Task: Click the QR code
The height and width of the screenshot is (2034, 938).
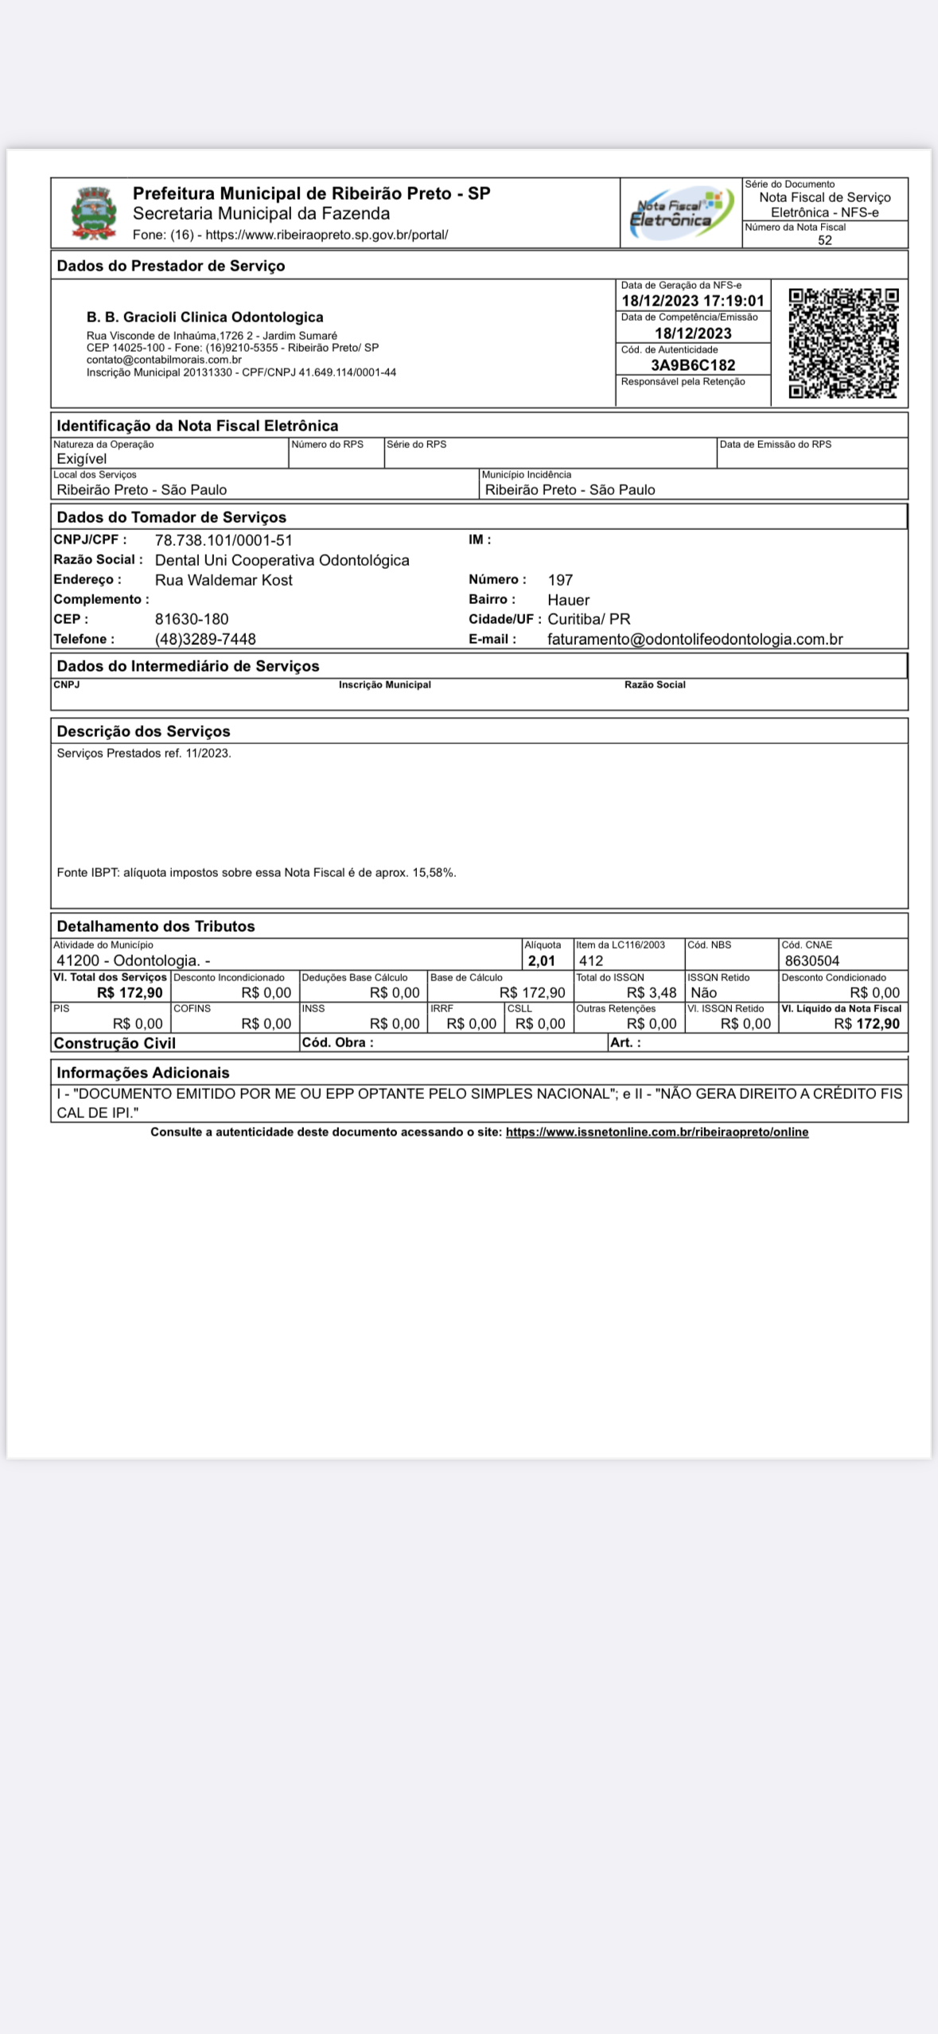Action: coord(843,343)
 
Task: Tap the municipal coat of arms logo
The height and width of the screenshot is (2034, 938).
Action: coord(94,213)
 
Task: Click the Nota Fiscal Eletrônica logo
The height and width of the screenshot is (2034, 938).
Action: coord(680,212)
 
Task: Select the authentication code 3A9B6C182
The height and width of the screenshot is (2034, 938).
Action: coord(693,365)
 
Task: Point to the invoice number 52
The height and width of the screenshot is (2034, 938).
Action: coord(824,240)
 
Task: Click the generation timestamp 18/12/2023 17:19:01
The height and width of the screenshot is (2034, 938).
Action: coord(692,301)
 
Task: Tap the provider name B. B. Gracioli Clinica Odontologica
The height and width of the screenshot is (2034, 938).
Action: coord(204,318)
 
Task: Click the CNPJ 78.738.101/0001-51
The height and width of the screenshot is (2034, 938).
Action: coord(224,540)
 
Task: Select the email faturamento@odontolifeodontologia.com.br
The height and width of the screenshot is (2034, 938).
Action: coord(695,639)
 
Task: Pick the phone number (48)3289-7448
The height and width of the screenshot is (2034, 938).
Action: coord(205,639)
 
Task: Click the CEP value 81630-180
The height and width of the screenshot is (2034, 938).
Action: coord(192,619)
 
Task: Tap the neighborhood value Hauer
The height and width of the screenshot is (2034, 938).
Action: coord(568,600)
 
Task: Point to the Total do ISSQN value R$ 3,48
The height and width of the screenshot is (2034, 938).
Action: coord(651,992)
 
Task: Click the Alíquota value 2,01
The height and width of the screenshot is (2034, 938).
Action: coord(541,961)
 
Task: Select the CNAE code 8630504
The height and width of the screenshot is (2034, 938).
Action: coord(812,961)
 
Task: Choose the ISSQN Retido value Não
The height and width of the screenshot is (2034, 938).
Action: coord(703,992)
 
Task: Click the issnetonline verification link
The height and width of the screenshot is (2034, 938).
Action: coord(656,1132)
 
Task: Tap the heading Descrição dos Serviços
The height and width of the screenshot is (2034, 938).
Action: coord(143,731)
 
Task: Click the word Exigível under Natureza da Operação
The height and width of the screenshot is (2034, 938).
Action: coord(81,458)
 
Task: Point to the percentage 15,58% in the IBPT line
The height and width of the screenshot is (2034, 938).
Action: coord(433,872)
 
